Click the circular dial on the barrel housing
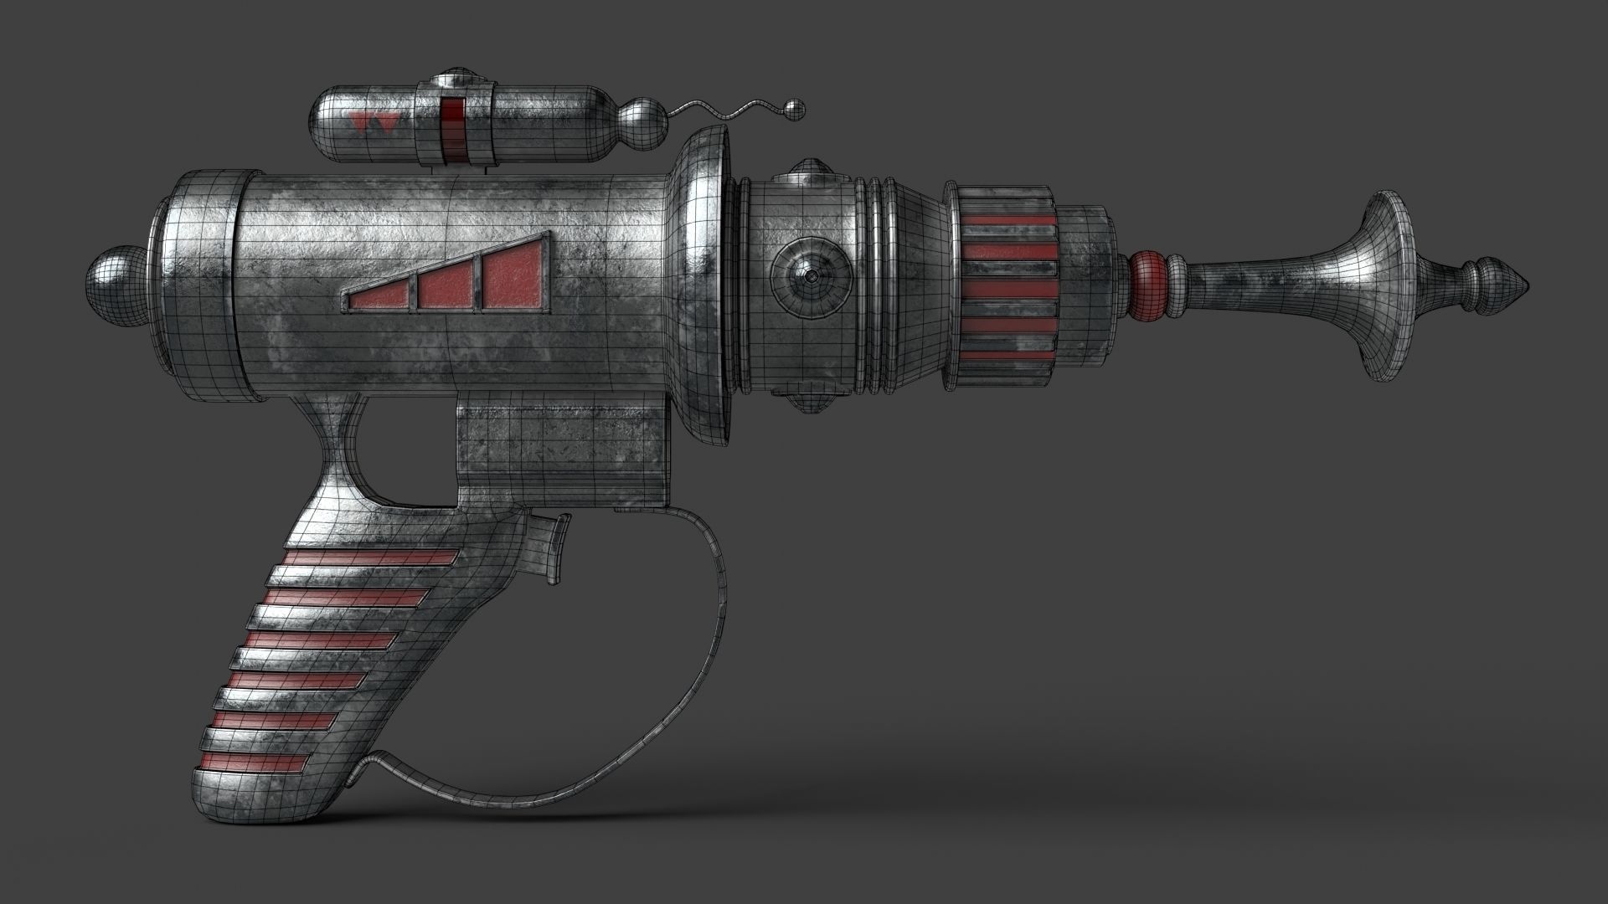[x=812, y=276]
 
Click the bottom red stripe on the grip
[x=255, y=763]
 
